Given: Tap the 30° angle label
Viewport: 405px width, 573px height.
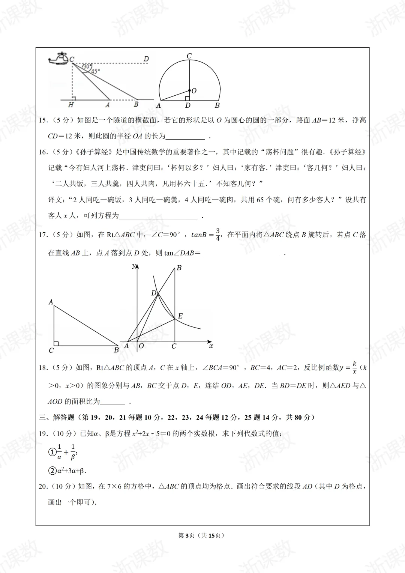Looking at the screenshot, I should click(x=87, y=66).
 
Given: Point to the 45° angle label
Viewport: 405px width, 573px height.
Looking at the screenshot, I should click(x=95, y=71).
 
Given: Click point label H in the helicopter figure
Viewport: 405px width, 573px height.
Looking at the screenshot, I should click(x=70, y=105).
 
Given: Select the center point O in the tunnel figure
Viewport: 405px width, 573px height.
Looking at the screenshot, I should click(x=189, y=90).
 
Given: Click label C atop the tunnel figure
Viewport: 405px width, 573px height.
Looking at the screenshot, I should click(x=189, y=56).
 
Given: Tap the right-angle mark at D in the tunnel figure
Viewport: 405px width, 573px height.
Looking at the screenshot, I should click(x=187, y=98).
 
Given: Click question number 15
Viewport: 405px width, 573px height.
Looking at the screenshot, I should click(x=43, y=120).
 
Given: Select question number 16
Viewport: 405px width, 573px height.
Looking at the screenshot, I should click(x=43, y=152).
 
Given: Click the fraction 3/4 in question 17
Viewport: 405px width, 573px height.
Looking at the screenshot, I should click(x=218, y=235).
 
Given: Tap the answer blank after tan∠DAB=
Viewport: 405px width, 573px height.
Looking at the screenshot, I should click(x=240, y=253).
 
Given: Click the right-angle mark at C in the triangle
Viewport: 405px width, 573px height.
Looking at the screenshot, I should click(x=56, y=343).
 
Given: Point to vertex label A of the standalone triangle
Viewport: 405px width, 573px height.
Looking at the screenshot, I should click(x=51, y=302).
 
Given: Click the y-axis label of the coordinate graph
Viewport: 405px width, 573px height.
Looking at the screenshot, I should click(x=133, y=266).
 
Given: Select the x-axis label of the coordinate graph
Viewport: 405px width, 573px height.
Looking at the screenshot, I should click(x=211, y=346).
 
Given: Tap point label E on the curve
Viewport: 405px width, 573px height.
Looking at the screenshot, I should click(x=180, y=316).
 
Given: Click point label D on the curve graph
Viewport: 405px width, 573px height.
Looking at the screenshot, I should click(x=153, y=293).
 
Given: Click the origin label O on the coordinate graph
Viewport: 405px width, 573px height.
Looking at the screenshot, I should click(x=141, y=346).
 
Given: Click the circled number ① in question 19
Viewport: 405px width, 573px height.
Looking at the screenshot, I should click(x=52, y=452).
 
